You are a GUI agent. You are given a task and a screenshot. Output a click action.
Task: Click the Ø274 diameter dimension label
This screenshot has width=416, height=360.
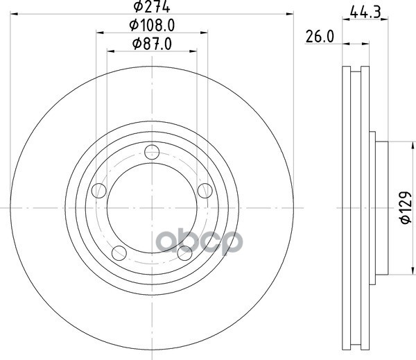[x=151, y=6]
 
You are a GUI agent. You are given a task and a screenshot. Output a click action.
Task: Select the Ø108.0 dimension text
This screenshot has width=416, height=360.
[x=152, y=26]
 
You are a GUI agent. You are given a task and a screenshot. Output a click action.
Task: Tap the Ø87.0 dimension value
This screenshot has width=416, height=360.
[x=152, y=44]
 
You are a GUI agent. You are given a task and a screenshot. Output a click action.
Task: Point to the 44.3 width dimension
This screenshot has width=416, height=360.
[x=365, y=12]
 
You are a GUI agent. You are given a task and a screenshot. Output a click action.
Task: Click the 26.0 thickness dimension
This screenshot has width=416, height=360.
[x=320, y=37]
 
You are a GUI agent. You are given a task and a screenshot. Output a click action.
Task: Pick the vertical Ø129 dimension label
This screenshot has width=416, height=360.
[x=405, y=207]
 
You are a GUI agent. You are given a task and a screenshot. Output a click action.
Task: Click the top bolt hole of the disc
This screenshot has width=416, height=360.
[x=152, y=152]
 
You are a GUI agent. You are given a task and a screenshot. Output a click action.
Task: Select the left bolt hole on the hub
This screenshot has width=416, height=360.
[x=98, y=190]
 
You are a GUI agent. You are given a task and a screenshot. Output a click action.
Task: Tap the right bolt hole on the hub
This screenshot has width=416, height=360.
[x=205, y=191]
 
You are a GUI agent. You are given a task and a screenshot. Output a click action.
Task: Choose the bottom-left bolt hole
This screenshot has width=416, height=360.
[x=119, y=253]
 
